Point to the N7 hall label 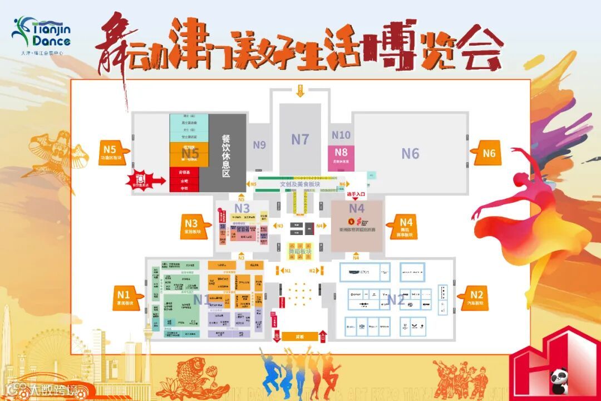[300, 139]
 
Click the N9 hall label [259, 145]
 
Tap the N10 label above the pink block [341, 135]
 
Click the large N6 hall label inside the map [410, 153]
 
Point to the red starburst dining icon [139, 179]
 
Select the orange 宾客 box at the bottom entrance [300, 336]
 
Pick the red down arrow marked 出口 [277, 336]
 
